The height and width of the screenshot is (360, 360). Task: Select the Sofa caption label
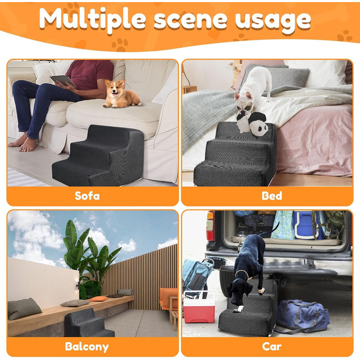[x=87, y=196]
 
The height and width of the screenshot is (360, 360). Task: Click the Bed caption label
[x=272, y=196]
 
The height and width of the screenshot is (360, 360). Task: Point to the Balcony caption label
[x=87, y=347]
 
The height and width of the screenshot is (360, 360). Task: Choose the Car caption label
[x=272, y=347]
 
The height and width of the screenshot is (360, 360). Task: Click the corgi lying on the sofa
[x=120, y=94]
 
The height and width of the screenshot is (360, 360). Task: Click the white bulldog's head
[x=244, y=103]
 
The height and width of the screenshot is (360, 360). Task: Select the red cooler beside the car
[x=199, y=307]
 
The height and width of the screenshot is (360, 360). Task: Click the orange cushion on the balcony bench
[x=98, y=299]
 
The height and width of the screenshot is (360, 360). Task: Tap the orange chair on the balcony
[x=169, y=298]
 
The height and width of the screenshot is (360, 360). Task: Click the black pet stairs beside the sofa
[x=99, y=156]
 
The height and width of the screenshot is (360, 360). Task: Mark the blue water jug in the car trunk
[x=305, y=225]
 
